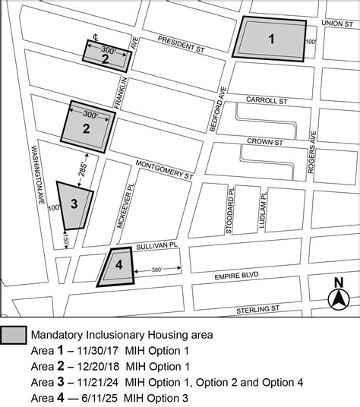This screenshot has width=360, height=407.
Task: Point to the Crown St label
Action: pyautogui.click(x=268, y=141)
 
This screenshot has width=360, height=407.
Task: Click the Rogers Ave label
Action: pyautogui.click(x=312, y=155)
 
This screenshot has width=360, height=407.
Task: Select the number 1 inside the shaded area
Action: pyautogui.click(x=271, y=39)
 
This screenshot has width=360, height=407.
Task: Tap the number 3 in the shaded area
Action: pyautogui.click(x=74, y=203)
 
